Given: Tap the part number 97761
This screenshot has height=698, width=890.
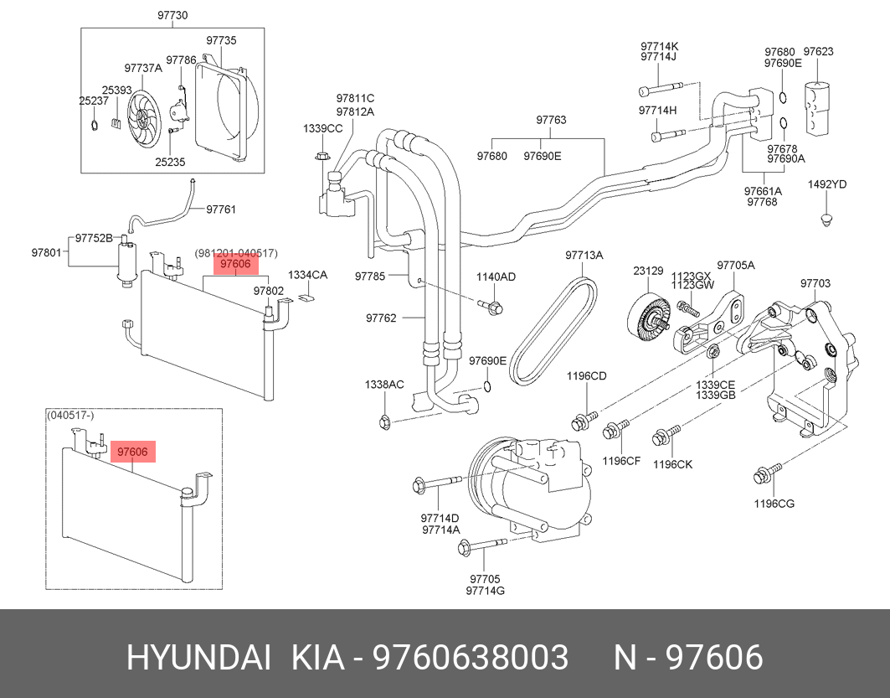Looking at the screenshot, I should [x=221, y=209].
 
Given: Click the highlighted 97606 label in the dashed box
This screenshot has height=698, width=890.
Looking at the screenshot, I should [x=132, y=452].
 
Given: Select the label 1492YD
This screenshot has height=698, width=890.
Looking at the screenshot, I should [x=826, y=184].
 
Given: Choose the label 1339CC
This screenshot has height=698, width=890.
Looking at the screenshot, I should [x=322, y=128].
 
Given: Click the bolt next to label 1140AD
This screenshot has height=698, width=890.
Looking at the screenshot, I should [x=493, y=308].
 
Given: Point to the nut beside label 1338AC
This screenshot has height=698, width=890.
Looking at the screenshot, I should [x=383, y=421].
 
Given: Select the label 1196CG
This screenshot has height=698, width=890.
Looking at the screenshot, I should [x=774, y=504].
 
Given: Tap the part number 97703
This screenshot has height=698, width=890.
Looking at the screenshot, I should [x=815, y=283].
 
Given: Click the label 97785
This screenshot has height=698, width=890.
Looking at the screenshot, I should [x=369, y=275].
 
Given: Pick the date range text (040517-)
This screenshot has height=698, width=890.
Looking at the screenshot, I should [x=70, y=415].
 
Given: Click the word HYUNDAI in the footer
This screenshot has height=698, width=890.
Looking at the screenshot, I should [x=198, y=659].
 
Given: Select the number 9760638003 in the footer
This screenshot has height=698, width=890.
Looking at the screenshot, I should [x=471, y=659].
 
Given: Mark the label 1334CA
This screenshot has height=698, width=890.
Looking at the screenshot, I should [x=307, y=275].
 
